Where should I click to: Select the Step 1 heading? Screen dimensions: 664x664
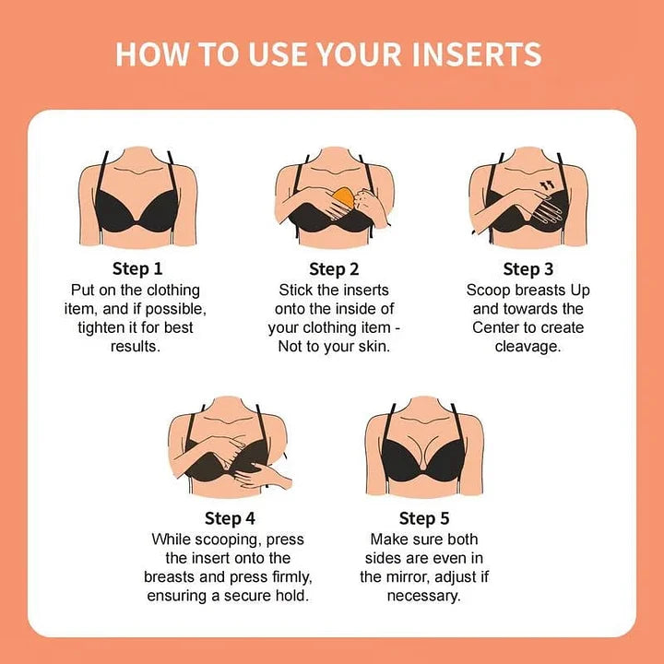[x=137, y=269]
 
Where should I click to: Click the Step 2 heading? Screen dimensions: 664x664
[x=334, y=269]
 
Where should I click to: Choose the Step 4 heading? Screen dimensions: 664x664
[x=230, y=518]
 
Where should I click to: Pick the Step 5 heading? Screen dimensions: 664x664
[x=424, y=518]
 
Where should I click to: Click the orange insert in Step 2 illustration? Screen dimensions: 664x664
[x=343, y=197]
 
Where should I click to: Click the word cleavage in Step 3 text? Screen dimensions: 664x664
[x=528, y=347]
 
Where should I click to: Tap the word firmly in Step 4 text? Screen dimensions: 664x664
[x=286, y=577]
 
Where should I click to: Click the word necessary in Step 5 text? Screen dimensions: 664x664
[x=424, y=596]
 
